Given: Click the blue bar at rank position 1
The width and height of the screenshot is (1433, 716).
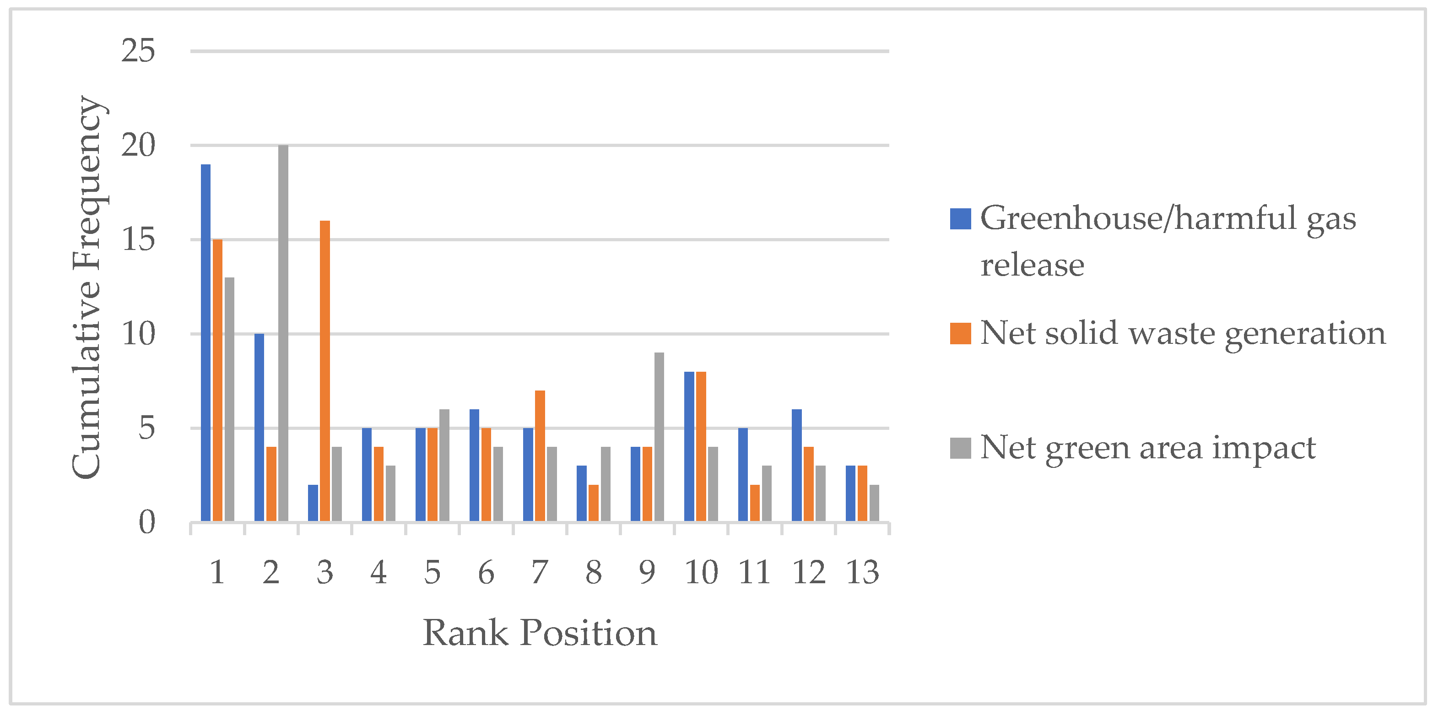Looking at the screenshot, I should click(205, 343).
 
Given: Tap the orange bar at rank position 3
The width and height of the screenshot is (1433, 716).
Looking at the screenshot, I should click(325, 371).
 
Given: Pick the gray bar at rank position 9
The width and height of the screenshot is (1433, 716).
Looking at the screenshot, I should click(659, 437).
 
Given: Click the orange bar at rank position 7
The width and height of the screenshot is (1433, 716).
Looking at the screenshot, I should click(540, 456).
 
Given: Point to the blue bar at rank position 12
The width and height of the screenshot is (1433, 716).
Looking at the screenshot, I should click(797, 465).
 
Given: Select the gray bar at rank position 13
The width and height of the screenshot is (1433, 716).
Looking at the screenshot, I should click(875, 503).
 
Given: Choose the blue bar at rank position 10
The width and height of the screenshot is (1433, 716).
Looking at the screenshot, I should click(689, 446).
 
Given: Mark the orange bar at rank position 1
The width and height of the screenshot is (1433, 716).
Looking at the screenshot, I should click(217, 380).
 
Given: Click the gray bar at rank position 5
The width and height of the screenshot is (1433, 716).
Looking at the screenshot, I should click(444, 465).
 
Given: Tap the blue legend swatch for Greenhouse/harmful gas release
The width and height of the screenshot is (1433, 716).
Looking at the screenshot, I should click(961, 219).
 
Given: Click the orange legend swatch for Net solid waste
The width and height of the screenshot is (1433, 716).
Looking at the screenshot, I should click(961, 333).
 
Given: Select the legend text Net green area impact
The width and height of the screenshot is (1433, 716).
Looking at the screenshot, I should click(1147, 448).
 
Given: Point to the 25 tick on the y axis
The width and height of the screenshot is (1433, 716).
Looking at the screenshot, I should click(138, 51).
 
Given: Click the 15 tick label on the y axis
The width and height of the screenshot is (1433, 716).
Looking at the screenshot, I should click(138, 240).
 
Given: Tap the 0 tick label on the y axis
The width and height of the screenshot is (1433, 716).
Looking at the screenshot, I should click(147, 522).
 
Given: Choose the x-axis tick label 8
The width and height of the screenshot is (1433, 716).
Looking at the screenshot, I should click(594, 572).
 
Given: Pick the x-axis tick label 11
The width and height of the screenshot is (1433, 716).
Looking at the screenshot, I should click(754, 572).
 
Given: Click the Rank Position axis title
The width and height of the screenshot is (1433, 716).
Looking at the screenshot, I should click(540, 633).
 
